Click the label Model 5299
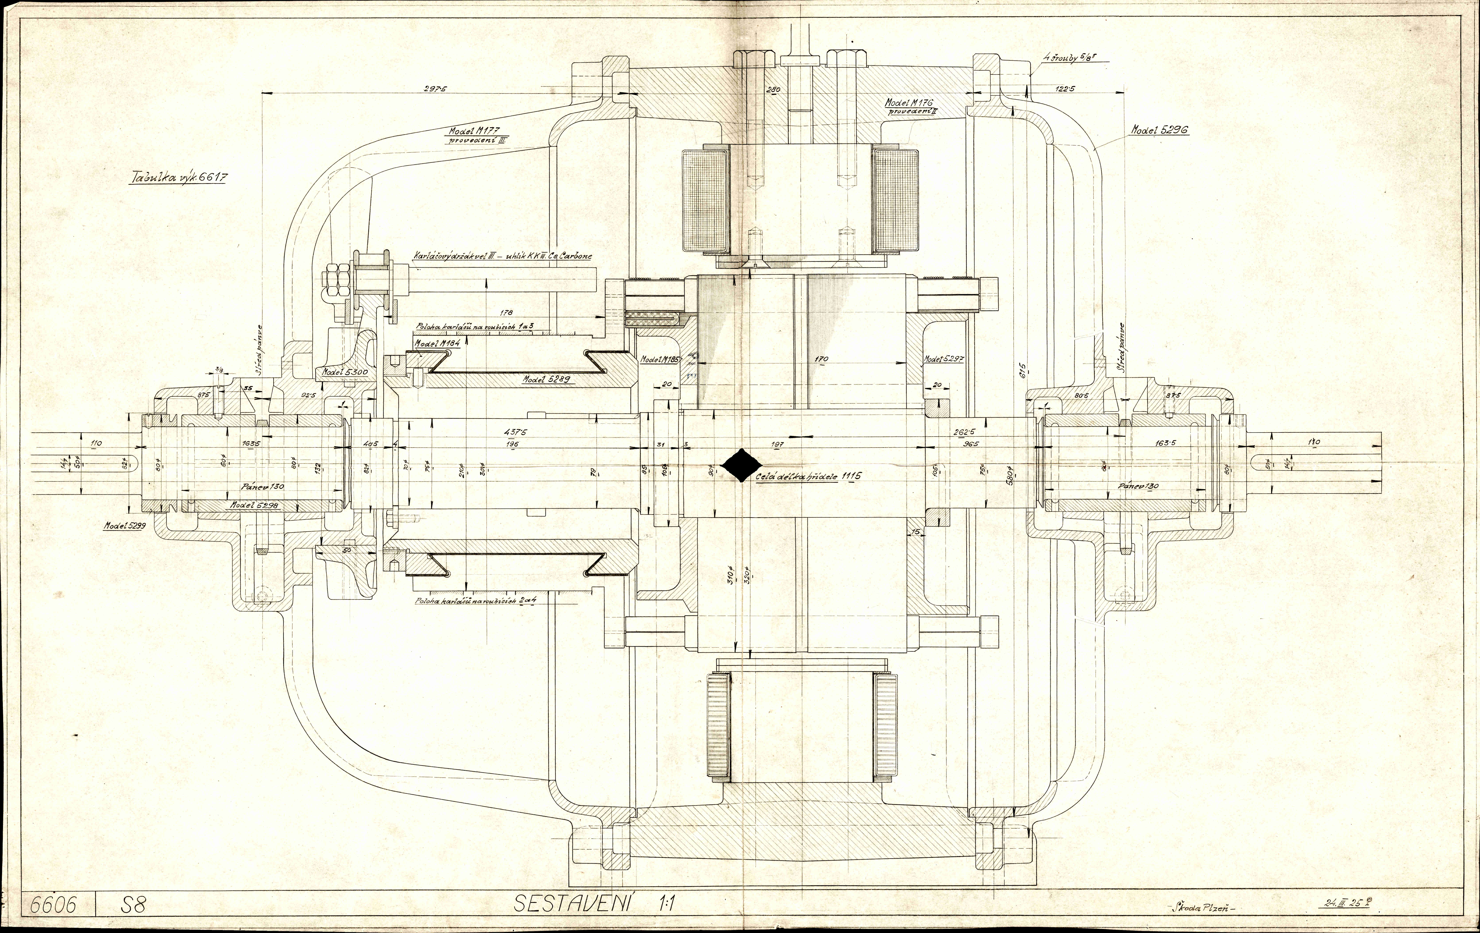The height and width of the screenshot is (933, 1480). tap(123, 526)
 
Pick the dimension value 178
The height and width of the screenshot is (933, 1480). tap(507, 313)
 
